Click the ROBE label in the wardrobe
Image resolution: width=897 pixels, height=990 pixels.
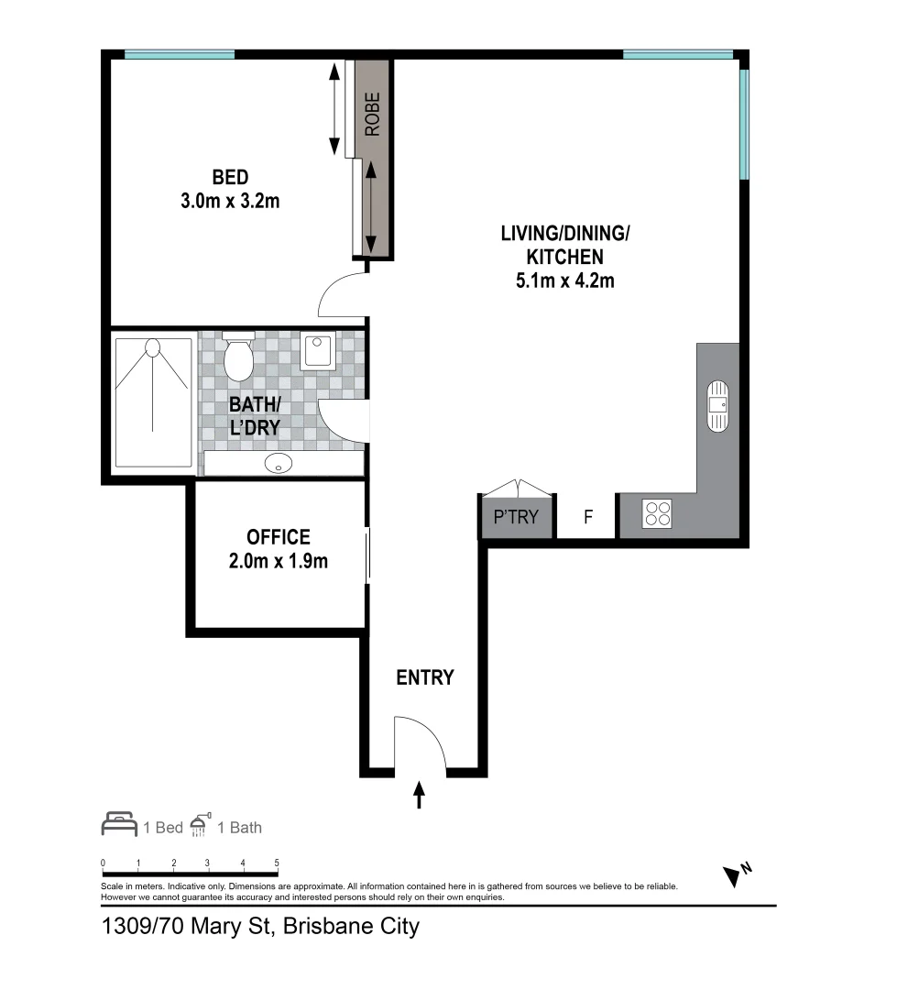[x=372, y=115]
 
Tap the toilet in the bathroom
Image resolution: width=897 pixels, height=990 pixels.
[x=239, y=357]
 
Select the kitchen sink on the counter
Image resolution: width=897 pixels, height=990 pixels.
[x=717, y=405]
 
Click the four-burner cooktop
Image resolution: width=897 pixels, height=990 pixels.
[x=657, y=513]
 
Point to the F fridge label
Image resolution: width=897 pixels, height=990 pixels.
[x=588, y=517]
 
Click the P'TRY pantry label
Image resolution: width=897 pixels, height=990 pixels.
[x=517, y=517]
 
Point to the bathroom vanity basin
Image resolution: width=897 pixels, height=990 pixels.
[x=277, y=464]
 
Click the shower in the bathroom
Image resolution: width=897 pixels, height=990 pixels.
[x=152, y=403]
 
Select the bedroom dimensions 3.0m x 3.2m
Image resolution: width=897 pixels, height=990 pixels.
[x=230, y=201]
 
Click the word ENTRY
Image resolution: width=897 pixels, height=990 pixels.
[x=424, y=678]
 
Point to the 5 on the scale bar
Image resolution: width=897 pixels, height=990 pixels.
[x=277, y=863]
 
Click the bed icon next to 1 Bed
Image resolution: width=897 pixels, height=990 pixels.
[x=119, y=825]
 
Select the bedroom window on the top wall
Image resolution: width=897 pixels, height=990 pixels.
[x=179, y=54]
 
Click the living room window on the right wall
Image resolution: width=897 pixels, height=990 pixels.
[x=744, y=124]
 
